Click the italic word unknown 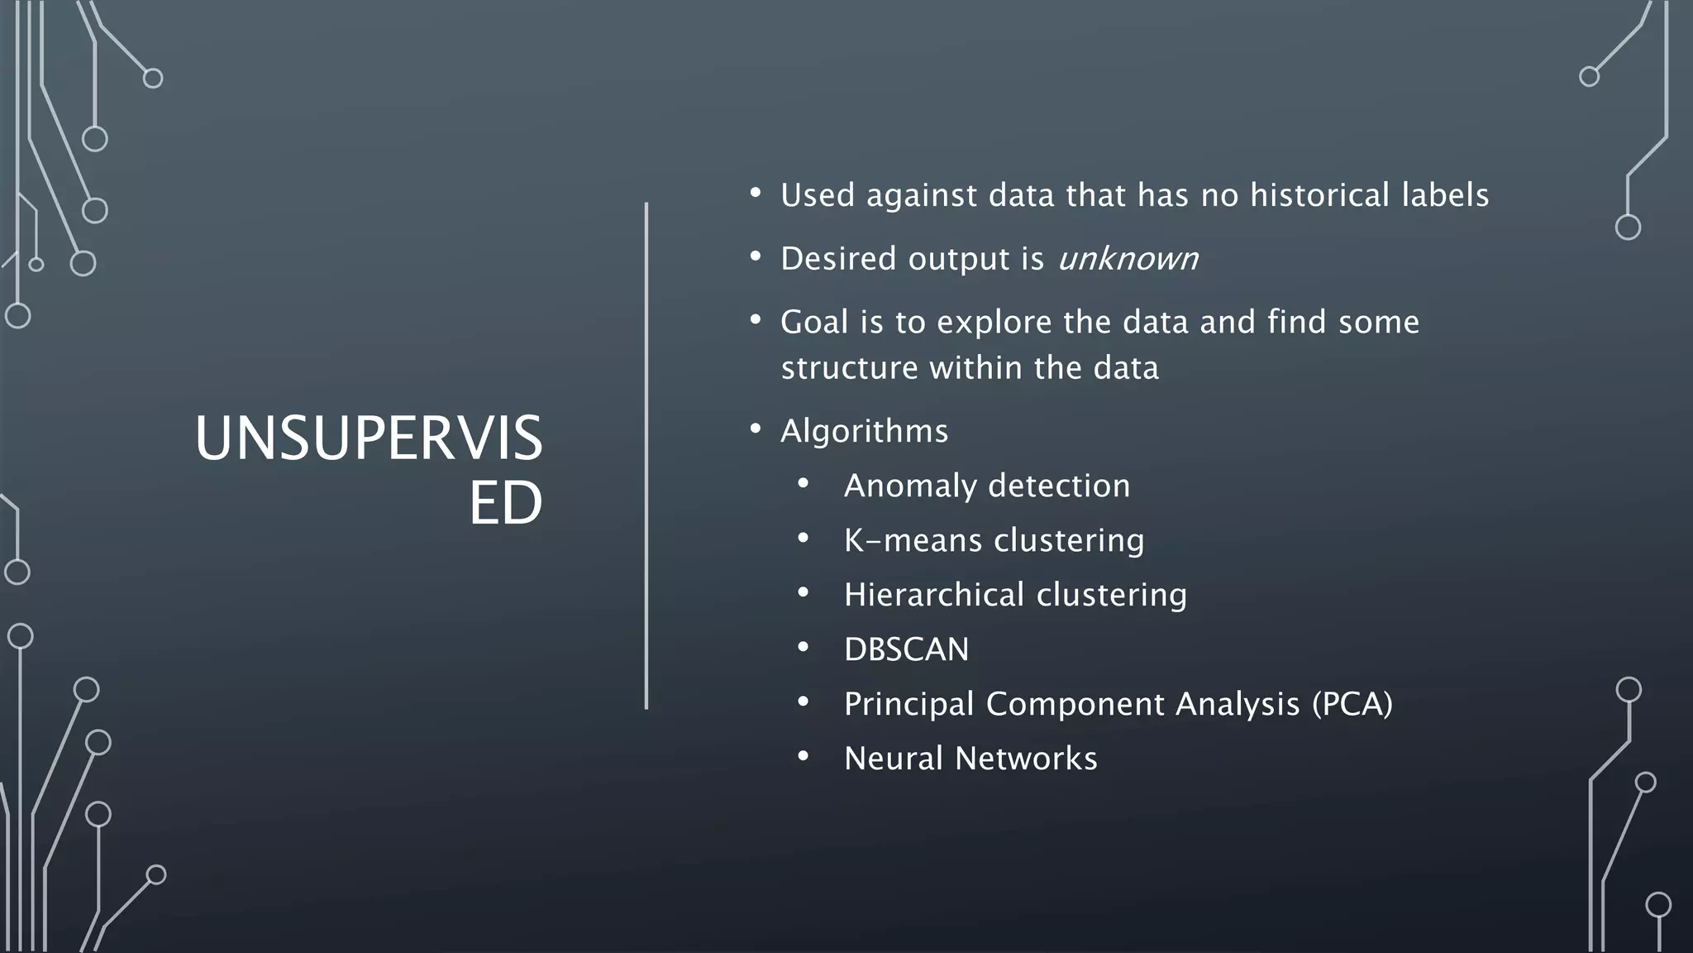coord(1128,259)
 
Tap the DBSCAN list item coord(906,649)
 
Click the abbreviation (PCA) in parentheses coord(1352,704)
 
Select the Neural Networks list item coord(970,759)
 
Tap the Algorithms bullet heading coord(864,431)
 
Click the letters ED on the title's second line coord(505,503)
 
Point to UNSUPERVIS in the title coord(369,439)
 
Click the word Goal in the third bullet coord(813,323)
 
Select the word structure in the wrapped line coord(849,368)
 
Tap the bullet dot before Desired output coord(755,256)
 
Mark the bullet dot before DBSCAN coord(803,647)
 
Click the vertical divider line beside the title coord(646,455)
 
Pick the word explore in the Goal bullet coord(994,323)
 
